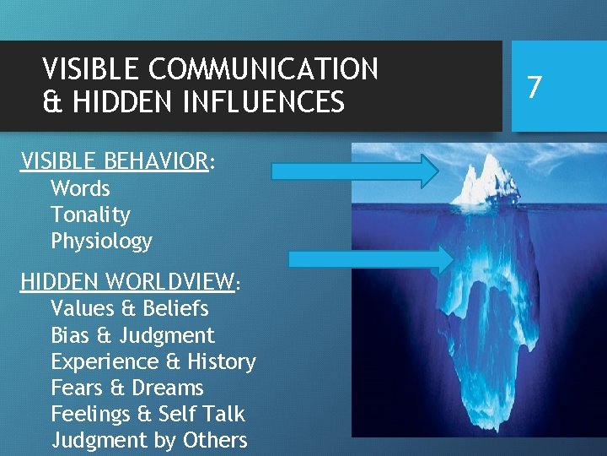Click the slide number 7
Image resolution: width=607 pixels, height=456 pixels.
[533, 86]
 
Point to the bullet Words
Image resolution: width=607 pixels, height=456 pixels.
[80, 188]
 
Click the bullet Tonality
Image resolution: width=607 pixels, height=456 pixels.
[90, 214]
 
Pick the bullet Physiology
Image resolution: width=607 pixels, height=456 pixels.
[101, 242]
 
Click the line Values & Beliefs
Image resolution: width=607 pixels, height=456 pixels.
[129, 308]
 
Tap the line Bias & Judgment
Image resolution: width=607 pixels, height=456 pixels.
[132, 335]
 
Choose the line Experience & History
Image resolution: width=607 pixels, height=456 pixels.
[153, 361]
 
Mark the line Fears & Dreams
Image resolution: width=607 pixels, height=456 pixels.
[127, 388]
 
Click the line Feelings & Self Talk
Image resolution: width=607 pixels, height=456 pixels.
[148, 414]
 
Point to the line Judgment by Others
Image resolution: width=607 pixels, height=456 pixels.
[149, 440]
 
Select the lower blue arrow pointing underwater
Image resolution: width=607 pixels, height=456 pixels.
[371, 259]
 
